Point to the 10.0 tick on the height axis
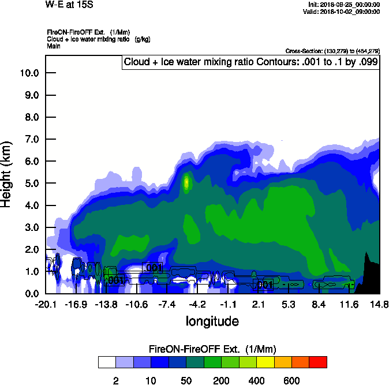(x=29, y=73)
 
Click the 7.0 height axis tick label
(x=29, y=139)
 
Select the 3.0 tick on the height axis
(x=29, y=227)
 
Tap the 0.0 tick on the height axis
(x=29, y=294)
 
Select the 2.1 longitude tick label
(x=258, y=305)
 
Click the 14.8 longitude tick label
(x=379, y=305)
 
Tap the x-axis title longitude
(x=212, y=320)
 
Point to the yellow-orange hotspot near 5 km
(x=186, y=183)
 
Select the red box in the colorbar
(x=318, y=362)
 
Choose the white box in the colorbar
(x=107, y=362)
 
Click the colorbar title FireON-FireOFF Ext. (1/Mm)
(x=212, y=349)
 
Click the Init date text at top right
(x=344, y=5)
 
